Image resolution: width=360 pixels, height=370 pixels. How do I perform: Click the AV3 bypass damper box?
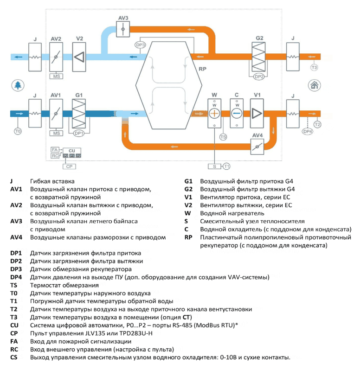pos(123,29)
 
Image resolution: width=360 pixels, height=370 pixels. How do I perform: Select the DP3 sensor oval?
pos(140,45)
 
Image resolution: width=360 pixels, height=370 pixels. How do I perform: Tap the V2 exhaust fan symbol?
pos(79,57)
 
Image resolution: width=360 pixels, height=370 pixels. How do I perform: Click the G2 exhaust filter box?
pos(258,57)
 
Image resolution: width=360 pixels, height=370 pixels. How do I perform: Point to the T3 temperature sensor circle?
pos(314,68)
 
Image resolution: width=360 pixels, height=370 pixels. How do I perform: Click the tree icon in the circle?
pos(18,85)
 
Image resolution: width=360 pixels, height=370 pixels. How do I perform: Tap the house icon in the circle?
pos(314,85)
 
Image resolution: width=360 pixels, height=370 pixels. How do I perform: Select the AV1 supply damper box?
pos(56,114)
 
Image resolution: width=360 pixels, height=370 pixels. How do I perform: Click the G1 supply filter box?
pos(79,114)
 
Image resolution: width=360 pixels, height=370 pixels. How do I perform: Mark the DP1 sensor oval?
pos(79,134)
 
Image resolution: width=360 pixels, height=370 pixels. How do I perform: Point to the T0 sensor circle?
pos(18,131)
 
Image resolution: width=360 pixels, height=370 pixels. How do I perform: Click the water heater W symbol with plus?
pos(214,114)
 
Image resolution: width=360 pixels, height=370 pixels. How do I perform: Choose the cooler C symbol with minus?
pos(237,114)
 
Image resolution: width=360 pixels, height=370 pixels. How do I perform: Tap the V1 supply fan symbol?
pos(257,114)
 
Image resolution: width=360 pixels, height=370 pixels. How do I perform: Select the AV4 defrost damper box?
pos(257,147)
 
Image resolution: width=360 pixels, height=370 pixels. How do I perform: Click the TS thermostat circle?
pos(223,137)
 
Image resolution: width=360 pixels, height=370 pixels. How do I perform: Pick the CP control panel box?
pos(69,166)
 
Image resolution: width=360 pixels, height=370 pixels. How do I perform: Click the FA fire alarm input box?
pos(55,150)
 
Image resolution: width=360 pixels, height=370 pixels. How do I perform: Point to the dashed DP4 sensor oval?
pos(308,131)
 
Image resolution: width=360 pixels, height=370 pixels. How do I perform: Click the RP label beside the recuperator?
pos(203,69)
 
